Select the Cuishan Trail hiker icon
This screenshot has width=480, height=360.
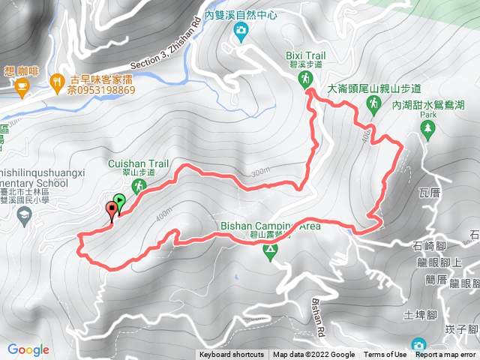pyautogui.click(x=138, y=184)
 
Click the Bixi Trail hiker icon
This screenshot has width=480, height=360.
pyautogui.click(x=307, y=79)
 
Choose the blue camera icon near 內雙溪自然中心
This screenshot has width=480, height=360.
pyautogui.click(x=241, y=30)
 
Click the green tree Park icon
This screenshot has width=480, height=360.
pyautogui.click(x=428, y=129)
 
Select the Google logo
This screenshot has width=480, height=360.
pyautogui.click(x=28, y=349)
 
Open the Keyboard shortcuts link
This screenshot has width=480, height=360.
pyautogui.click(x=232, y=355)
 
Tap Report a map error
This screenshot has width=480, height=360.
pyautogui.click(x=445, y=355)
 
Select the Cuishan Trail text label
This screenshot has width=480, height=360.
pyautogui.click(x=142, y=163)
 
